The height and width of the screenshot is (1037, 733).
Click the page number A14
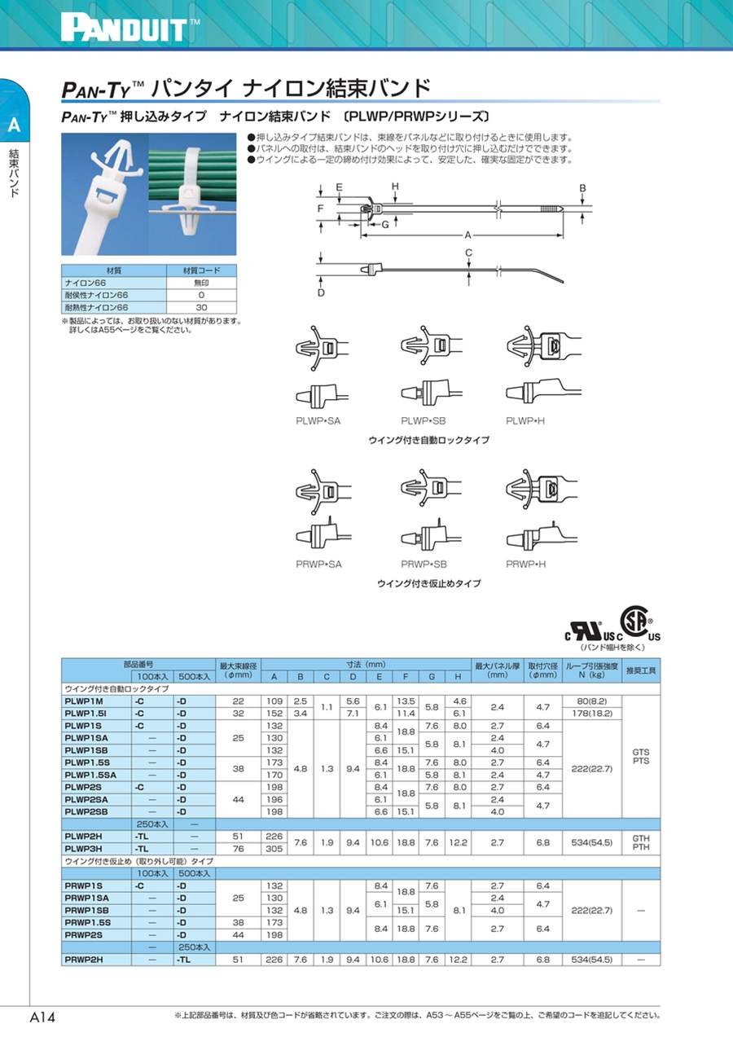tap(42, 1017)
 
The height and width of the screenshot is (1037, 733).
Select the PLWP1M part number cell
tap(83, 701)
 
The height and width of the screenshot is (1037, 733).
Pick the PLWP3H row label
tap(83, 848)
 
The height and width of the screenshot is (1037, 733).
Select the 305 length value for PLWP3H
tap(274, 848)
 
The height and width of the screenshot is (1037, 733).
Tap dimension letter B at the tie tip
tap(582, 188)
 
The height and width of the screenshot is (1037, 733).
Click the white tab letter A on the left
tap(14, 125)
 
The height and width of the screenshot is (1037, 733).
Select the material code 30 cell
tap(201, 307)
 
